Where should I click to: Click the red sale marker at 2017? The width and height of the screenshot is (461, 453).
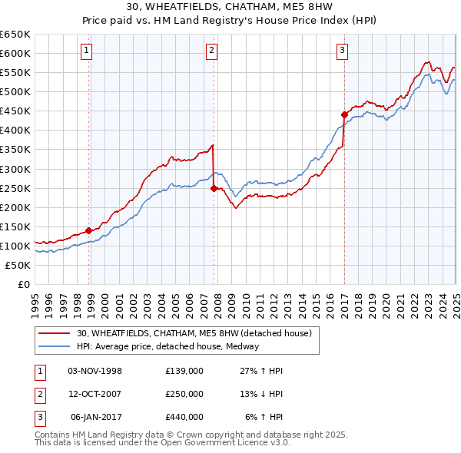[x=344, y=114]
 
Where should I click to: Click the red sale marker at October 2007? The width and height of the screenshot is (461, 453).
[x=214, y=188]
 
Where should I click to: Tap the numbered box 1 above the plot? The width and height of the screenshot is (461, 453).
[x=86, y=51]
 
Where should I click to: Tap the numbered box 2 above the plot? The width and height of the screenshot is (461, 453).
[x=211, y=51]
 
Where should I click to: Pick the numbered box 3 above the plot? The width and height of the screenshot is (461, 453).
[x=342, y=51]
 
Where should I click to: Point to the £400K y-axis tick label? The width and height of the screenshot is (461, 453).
[x=15, y=130]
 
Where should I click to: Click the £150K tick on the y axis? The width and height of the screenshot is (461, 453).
[x=15, y=226]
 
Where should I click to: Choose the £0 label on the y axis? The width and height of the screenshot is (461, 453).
[x=25, y=284]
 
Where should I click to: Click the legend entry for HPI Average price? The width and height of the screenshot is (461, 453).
[x=167, y=346]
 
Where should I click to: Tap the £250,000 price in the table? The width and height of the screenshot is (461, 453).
[x=184, y=394]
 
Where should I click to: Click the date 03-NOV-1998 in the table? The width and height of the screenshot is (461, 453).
[x=95, y=371]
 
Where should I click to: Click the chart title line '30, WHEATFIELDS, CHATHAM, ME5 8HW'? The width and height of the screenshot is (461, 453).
[x=230, y=9]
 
